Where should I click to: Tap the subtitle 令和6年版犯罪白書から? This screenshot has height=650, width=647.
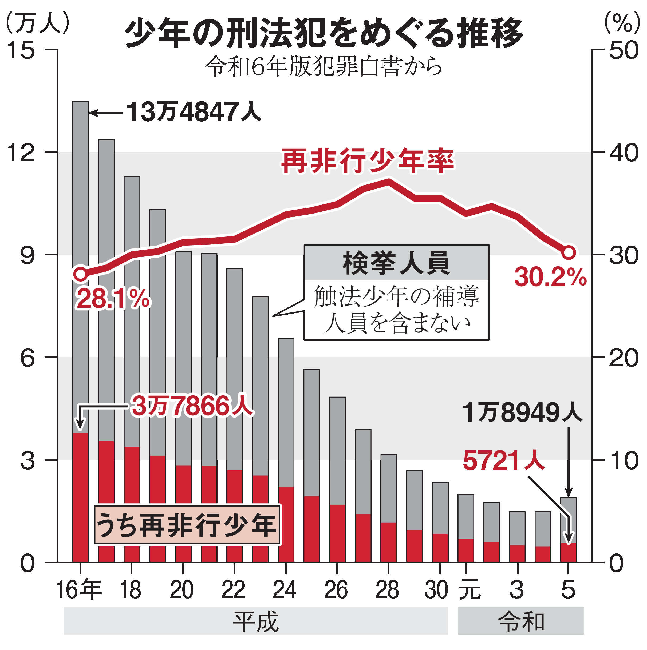click(x=323, y=66)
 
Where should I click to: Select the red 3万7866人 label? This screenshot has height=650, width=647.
click(x=192, y=406)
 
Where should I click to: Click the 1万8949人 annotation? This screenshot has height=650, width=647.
click(x=522, y=412)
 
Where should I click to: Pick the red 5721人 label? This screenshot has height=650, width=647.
click(x=503, y=461)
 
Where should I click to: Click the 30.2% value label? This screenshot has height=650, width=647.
click(x=550, y=278)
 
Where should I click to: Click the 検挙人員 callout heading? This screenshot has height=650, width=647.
click(x=396, y=263)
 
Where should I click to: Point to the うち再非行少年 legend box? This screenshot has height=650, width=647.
click(x=187, y=525)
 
